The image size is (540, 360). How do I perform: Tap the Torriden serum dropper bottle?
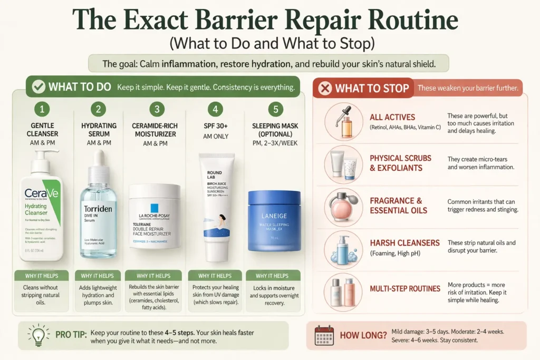[98, 211]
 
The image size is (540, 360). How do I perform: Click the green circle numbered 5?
[274, 110]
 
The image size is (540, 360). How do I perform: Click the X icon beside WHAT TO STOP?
[325, 89]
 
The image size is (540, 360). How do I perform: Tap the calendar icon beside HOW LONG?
[324, 335]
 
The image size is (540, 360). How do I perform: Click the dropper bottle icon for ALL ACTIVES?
[343, 121]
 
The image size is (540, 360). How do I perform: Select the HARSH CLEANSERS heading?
[404, 243]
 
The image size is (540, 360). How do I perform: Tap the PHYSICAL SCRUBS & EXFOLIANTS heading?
[400, 162]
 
